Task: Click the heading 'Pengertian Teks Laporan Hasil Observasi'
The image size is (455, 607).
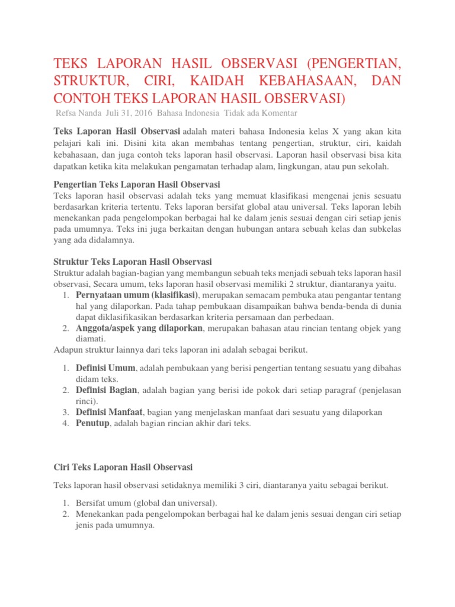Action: [x=137, y=184]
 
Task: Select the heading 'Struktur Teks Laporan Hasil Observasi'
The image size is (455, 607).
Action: [x=133, y=261]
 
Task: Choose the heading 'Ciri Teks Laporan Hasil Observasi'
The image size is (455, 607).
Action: [x=123, y=467]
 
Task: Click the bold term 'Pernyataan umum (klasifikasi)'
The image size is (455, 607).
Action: [x=138, y=295]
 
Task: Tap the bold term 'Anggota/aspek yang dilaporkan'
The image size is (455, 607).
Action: [x=140, y=328]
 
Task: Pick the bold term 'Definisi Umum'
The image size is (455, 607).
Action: [x=105, y=368]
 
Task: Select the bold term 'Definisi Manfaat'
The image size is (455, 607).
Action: [x=110, y=411]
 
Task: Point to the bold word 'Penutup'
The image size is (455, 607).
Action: [x=92, y=423]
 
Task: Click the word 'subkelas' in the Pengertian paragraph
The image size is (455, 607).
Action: [x=386, y=229]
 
